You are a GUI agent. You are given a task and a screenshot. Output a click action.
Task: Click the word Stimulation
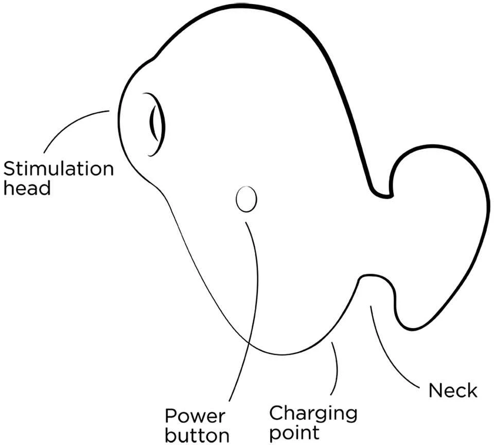58,169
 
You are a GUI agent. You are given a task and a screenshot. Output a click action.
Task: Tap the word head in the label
27,188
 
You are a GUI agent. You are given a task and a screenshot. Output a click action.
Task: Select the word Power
196,416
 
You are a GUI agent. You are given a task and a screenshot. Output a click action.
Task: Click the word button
197,436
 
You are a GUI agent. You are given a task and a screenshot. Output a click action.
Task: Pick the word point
294,433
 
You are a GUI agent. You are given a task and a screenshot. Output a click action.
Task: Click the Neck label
453,390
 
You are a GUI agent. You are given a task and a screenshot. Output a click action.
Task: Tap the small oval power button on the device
246,199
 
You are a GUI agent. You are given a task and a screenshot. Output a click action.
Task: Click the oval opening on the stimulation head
156,124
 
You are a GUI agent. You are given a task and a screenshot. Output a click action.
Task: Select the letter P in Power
171,416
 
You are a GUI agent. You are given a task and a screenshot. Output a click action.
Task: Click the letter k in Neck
472,390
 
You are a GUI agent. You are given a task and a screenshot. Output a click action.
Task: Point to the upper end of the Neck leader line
370,306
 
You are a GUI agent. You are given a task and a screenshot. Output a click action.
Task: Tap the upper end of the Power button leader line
245,222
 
